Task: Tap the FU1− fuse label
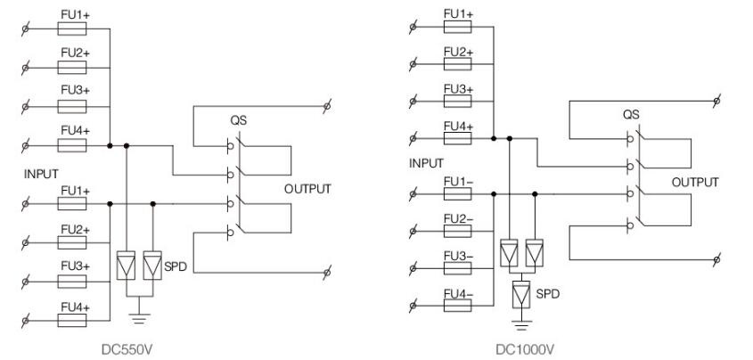(458, 183)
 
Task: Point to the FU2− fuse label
(458, 219)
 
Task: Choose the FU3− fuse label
(458, 256)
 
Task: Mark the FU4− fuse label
(458, 292)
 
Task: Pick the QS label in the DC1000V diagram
(630, 115)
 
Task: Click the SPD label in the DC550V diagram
(177, 266)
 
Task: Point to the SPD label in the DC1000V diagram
(547, 293)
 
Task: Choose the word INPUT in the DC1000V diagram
(426, 164)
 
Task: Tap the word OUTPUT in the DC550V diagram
(307, 189)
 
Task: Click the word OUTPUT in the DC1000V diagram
(694, 182)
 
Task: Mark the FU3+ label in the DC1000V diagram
(458, 89)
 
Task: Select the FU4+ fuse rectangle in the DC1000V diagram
(458, 138)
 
